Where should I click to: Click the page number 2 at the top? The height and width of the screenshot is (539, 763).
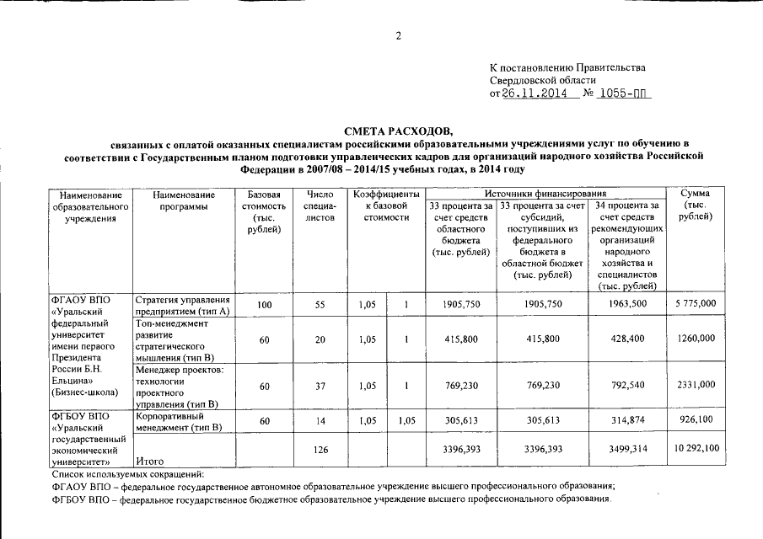tap(397, 35)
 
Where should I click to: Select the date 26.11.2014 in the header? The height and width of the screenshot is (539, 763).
tap(534, 93)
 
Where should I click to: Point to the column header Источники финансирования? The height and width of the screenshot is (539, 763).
tap(545, 194)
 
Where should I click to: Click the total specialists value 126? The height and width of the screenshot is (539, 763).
tap(320, 450)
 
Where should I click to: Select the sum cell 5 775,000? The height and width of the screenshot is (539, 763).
tap(696, 303)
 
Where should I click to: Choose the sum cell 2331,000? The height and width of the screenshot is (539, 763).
tap(696, 385)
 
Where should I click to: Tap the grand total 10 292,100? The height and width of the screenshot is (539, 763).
tap(696, 449)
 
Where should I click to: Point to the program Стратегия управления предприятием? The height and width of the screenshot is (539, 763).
tap(182, 305)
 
